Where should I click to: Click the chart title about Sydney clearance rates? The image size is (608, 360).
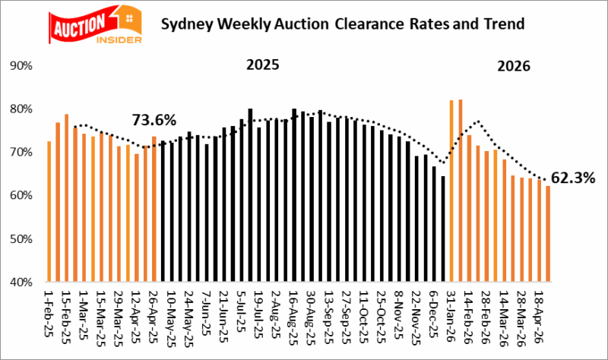point(343,24)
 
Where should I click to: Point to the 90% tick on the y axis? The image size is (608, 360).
point(20,66)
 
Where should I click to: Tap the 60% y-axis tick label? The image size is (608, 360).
point(20,196)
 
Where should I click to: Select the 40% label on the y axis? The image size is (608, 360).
point(20,282)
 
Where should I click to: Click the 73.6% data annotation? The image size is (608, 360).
point(154,120)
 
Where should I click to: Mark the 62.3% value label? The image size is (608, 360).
point(575,179)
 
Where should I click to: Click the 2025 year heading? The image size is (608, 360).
point(262,65)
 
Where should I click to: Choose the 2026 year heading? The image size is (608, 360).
point(514,67)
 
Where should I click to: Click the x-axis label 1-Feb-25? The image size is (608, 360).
point(49,314)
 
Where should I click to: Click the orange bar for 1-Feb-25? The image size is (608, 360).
point(49,212)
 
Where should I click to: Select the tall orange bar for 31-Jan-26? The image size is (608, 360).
point(452,191)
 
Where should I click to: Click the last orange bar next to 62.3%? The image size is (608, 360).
point(547,234)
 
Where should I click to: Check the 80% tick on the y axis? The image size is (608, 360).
point(20,109)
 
